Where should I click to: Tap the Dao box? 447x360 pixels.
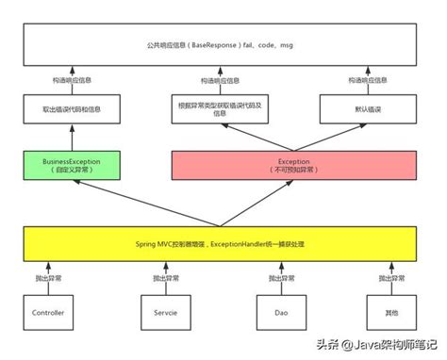pyautogui.click(x=280, y=311)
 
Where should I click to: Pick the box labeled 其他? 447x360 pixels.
pyautogui.click(x=389, y=311)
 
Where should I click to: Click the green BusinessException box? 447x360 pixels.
pyautogui.click(x=72, y=165)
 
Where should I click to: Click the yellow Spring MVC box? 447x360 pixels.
pyautogui.click(x=223, y=243)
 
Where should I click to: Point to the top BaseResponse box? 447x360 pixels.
pyautogui.click(x=223, y=45)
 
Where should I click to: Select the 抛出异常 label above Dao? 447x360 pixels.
pyautogui.click(x=279, y=279)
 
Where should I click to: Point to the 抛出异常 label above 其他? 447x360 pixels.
pyautogui.click(x=390, y=279)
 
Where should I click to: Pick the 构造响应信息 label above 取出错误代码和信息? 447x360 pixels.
pyautogui.click(x=72, y=81)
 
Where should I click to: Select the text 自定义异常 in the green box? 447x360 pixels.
pyautogui.click(x=72, y=171)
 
